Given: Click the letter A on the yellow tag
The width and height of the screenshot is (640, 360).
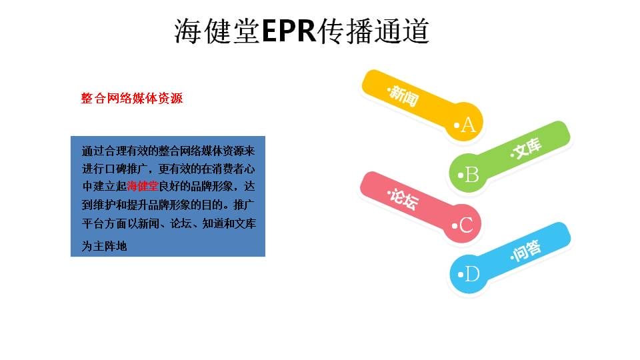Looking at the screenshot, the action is pos(469,125).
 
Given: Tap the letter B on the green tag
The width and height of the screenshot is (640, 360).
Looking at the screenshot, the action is pos(472,175).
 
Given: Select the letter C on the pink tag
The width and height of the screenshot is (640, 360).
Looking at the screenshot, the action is pos(466,225).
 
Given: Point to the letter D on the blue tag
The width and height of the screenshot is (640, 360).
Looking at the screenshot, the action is pos(472,274).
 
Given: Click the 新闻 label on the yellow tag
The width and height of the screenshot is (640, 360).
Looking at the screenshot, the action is pos(404,96).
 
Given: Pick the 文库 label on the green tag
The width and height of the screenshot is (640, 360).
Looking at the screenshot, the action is pos(527,148).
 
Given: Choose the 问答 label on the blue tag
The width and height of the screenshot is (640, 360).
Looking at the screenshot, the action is pos(527,250).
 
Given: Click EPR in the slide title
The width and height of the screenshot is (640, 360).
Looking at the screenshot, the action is pos(289,31).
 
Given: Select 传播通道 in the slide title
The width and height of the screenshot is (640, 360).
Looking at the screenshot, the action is pos(373,31).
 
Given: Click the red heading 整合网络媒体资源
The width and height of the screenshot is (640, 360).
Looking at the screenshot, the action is pos(132,99).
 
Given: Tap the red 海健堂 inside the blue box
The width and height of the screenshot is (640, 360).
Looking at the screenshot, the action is pos(143,187).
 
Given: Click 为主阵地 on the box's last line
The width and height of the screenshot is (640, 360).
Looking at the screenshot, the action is pos(105,246).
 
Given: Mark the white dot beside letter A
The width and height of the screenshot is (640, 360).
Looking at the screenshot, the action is pos(457,125).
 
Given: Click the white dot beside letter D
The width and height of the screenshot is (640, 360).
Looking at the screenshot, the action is pos(461,274).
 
